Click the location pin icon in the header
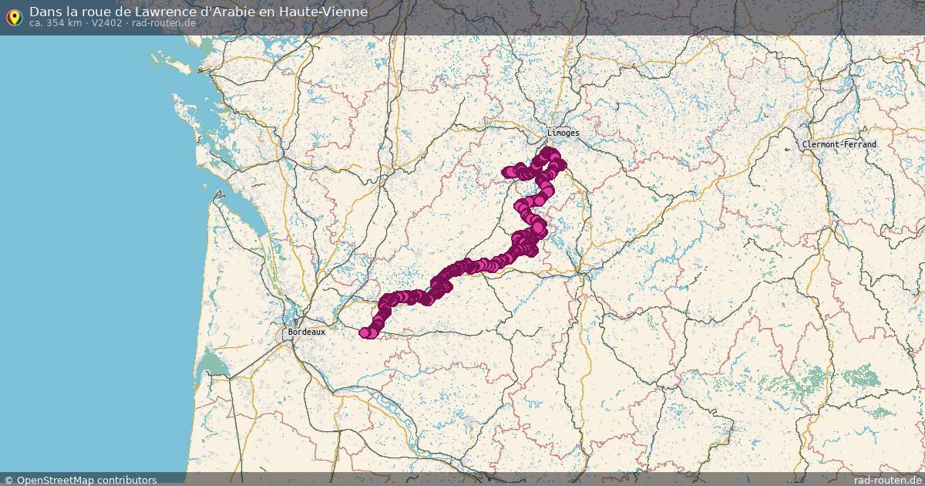click(x=14, y=17)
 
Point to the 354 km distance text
click(x=63, y=23)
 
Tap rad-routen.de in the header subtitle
click(x=163, y=23)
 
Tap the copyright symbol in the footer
click(x=8, y=480)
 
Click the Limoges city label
click(x=563, y=133)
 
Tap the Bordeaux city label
click(x=306, y=332)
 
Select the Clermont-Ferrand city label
click(x=839, y=144)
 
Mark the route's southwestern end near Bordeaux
click(x=365, y=332)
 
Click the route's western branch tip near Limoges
click(x=506, y=172)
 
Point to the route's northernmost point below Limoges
click(x=549, y=152)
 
